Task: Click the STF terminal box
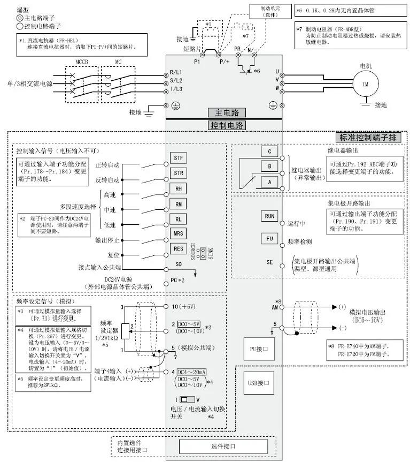click(x=179, y=158)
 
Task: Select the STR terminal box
click(x=179, y=173)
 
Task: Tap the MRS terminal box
click(x=179, y=233)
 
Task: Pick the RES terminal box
click(x=179, y=248)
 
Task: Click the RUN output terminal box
click(x=270, y=216)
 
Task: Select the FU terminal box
click(x=270, y=239)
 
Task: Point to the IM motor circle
click(x=366, y=85)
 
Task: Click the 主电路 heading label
click(x=227, y=112)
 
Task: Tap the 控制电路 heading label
click(x=227, y=125)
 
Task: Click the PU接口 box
click(x=258, y=348)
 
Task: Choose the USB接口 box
click(x=258, y=383)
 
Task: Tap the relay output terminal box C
click(x=270, y=152)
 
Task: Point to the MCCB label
click(x=80, y=62)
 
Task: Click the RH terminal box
click(x=179, y=188)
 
